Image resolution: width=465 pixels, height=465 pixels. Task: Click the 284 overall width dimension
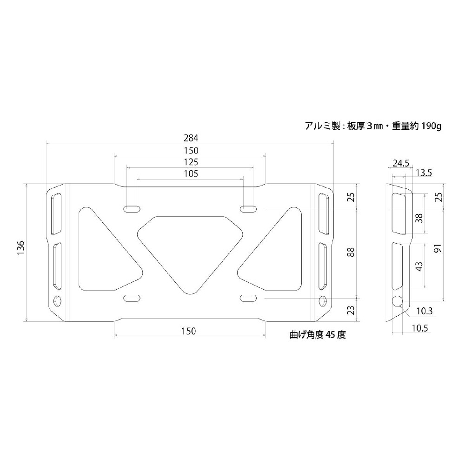(x=191, y=138)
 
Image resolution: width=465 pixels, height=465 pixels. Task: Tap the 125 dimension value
(x=191, y=162)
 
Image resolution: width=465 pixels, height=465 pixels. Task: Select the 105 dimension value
(x=191, y=173)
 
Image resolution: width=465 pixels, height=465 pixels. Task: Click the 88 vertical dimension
(x=351, y=252)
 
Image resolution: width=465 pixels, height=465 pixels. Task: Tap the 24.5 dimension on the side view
(x=401, y=163)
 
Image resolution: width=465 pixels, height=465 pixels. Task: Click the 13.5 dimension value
(x=424, y=173)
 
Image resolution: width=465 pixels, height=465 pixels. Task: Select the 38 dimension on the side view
(x=419, y=218)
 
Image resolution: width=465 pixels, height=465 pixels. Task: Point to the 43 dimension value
(x=419, y=266)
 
